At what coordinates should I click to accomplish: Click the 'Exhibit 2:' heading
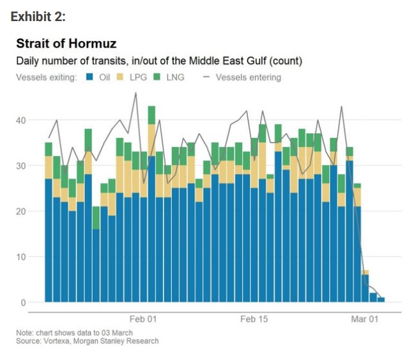(x=39, y=17)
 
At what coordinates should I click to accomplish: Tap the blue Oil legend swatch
(x=91, y=77)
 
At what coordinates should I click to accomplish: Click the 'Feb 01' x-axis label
(x=143, y=319)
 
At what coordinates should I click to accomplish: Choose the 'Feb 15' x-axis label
(x=254, y=319)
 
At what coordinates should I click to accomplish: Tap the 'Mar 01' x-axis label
(x=365, y=319)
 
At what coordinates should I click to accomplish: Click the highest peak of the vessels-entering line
(x=135, y=93)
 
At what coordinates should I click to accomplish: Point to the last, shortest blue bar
(x=381, y=299)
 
